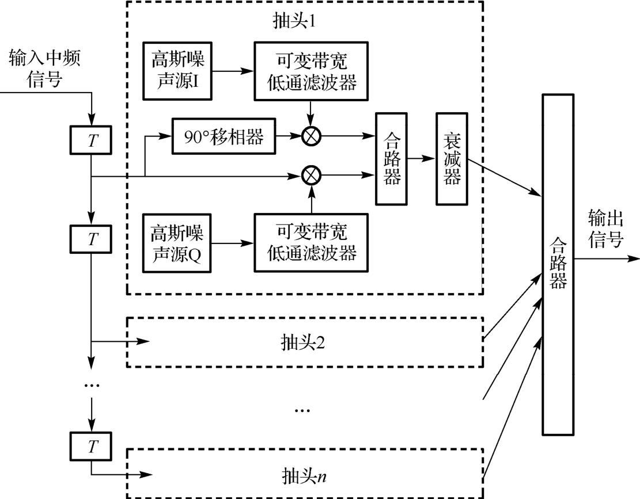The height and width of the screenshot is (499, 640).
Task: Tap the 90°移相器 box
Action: [x=224, y=136]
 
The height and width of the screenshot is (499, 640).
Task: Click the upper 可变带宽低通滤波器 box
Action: [x=311, y=70]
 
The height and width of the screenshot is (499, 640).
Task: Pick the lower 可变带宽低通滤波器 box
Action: [x=311, y=242]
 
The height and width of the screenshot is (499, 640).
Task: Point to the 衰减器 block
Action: [x=453, y=158]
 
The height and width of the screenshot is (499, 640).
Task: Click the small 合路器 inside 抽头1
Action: [x=392, y=158]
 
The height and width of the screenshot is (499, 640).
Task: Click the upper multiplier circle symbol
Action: [x=312, y=136]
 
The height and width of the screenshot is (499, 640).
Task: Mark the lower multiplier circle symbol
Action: [x=312, y=175]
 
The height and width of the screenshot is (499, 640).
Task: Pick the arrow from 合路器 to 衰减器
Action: [x=422, y=158]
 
